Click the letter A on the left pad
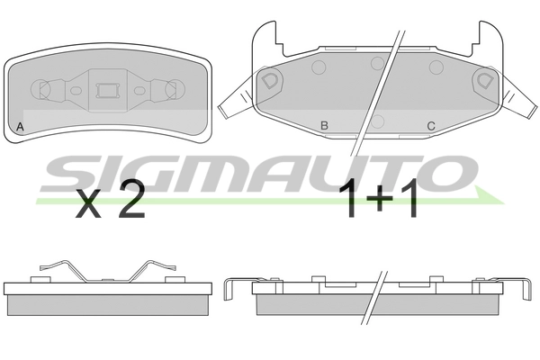tap(20, 126)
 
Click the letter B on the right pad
tap(323, 126)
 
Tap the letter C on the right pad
tap(431, 126)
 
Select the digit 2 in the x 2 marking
tap(131, 200)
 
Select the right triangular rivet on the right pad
tap(484, 80)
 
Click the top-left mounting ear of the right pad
tap(263, 36)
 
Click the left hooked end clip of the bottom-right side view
tap(229, 290)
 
